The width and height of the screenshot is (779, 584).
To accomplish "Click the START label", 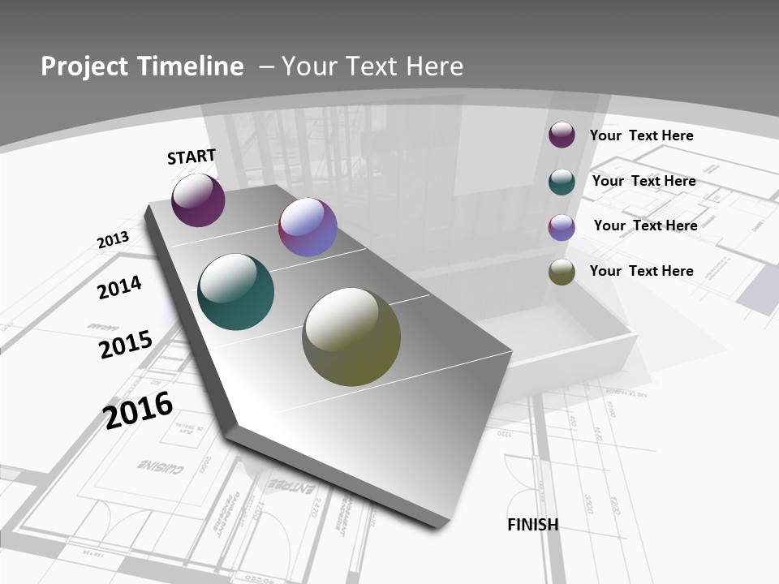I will tap(192, 157).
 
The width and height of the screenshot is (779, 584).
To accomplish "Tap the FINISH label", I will tap(532, 525).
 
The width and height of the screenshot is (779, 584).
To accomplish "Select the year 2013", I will tap(113, 240).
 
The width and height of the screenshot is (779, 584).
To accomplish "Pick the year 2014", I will tap(119, 287).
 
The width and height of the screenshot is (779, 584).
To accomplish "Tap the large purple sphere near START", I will tap(198, 200).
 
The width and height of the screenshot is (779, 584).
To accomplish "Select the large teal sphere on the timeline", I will tap(235, 292).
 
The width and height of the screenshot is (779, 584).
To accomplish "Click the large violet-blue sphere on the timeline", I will tap(308, 228).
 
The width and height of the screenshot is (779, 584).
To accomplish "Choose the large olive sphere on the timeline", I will tap(351, 337).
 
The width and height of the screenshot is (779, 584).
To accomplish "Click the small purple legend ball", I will tap(562, 135).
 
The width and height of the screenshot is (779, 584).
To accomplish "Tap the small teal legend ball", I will tap(562, 182).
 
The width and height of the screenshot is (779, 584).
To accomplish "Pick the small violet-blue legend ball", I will tap(562, 227).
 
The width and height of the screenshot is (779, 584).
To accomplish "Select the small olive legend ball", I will tap(562, 273).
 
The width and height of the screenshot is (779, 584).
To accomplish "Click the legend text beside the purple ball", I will tap(641, 135).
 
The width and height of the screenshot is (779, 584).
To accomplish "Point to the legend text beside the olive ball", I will tap(641, 271).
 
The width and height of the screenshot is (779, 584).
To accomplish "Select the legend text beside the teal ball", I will tap(643, 181).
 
